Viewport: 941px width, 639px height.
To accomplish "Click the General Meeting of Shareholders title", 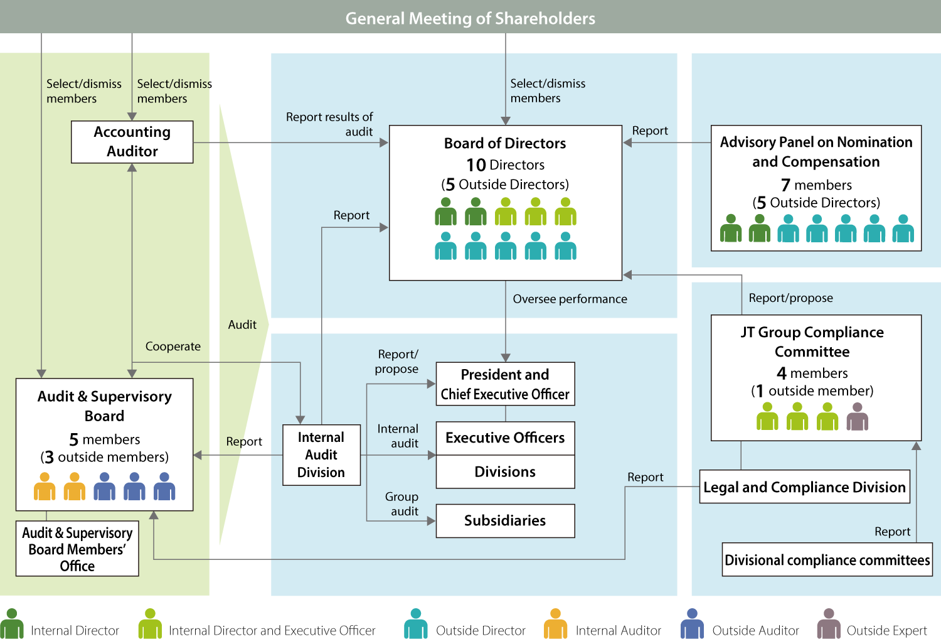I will click(x=470, y=18).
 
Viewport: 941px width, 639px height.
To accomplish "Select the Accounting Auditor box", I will click(x=132, y=142).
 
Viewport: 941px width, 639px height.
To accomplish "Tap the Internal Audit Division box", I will click(x=321, y=455).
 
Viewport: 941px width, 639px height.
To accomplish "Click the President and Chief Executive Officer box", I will click(x=505, y=384).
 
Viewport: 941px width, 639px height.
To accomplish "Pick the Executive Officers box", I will click(x=505, y=438).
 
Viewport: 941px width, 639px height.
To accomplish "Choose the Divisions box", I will click(x=505, y=472).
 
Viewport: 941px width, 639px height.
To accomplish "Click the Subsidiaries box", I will click(x=505, y=521).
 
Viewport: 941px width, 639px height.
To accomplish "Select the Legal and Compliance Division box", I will click(x=804, y=487).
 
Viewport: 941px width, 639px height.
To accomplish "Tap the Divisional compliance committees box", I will click(x=827, y=560).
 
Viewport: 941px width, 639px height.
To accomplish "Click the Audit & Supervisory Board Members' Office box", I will click(x=77, y=549).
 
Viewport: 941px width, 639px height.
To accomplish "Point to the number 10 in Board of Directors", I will click(x=476, y=165).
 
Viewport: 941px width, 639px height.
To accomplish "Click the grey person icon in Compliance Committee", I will click(x=857, y=417).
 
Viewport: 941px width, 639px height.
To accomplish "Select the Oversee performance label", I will click(x=570, y=299).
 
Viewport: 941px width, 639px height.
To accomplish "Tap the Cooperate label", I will click(x=173, y=346).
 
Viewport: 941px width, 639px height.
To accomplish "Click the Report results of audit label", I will click(x=329, y=124).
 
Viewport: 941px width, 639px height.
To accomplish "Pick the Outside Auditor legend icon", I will click(x=692, y=624).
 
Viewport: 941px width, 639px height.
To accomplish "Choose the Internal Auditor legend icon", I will click(x=555, y=624).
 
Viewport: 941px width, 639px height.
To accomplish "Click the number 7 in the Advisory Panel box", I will click(x=785, y=185).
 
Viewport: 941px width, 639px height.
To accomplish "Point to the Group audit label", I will click(x=401, y=504).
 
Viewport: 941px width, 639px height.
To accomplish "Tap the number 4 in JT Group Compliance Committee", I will click(x=782, y=373).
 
